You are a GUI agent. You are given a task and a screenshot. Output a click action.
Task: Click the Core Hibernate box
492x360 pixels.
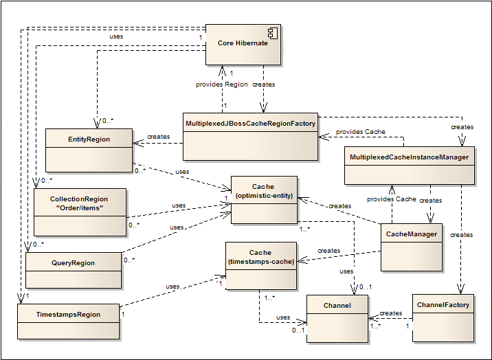pos(243,45)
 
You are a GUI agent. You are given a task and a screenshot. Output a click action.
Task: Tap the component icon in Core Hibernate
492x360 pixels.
pos(273,33)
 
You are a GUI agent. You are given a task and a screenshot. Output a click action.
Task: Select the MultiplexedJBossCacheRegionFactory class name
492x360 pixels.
pos(250,124)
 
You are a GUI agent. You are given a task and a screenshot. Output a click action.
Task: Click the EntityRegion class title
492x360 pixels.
pos(89,139)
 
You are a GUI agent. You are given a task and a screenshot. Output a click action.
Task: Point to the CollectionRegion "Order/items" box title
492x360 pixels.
pos(79,203)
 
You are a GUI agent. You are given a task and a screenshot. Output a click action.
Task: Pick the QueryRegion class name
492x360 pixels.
pos(73,263)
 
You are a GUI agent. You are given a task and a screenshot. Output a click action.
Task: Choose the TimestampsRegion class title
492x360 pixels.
pos(68,314)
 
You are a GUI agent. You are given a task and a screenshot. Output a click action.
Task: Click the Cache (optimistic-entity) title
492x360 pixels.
pos(264,191)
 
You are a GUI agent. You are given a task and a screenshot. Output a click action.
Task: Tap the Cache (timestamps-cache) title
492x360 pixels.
pos(260,257)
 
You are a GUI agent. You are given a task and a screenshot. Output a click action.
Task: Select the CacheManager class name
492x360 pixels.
pos(412,234)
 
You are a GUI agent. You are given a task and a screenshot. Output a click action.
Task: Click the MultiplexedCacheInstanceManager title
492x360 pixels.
pos(409,157)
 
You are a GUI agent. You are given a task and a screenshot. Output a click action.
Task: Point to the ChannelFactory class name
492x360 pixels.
pos(443,305)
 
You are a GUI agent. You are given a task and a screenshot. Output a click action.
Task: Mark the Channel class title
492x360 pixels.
pos(337,306)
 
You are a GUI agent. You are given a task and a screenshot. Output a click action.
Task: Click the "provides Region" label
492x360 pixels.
pos(222,85)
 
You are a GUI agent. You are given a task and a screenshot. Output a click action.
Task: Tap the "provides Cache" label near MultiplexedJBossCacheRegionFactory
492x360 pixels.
pos(361,132)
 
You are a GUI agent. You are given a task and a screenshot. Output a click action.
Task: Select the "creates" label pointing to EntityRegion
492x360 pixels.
pos(159,137)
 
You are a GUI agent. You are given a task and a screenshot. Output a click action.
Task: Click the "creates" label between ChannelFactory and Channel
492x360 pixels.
pos(391,313)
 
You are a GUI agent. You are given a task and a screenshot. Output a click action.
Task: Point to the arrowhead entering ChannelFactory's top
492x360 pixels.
pos(460,289)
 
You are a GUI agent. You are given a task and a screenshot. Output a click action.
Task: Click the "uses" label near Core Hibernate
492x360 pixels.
pos(116,36)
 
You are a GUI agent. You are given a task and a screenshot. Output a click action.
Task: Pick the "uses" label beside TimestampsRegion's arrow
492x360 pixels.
pos(172,286)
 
